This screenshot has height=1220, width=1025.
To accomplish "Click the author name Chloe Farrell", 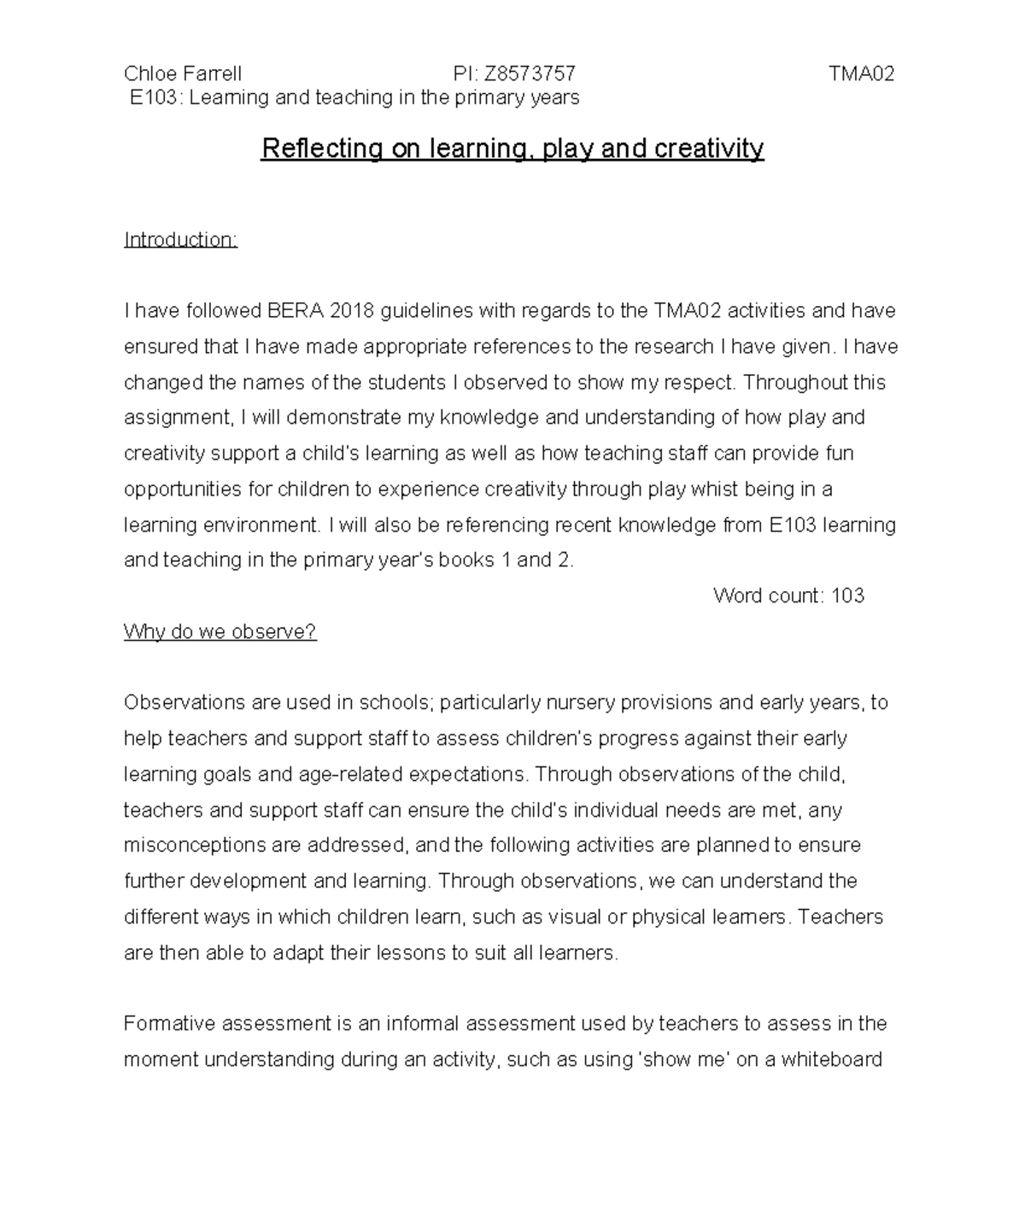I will [x=183, y=73].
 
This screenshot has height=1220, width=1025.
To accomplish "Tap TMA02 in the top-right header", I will [x=861, y=73].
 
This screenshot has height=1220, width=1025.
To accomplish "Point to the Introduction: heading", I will [x=180, y=240].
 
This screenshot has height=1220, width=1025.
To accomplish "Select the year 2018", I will [x=352, y=311].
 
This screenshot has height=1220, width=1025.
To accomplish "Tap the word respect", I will [x=704, y=383].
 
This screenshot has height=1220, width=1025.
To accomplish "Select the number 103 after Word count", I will [x=847, y=596].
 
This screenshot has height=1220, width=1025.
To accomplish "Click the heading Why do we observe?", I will [x=220, y=632].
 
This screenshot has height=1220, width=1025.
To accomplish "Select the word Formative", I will [x=167, y=1024].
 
